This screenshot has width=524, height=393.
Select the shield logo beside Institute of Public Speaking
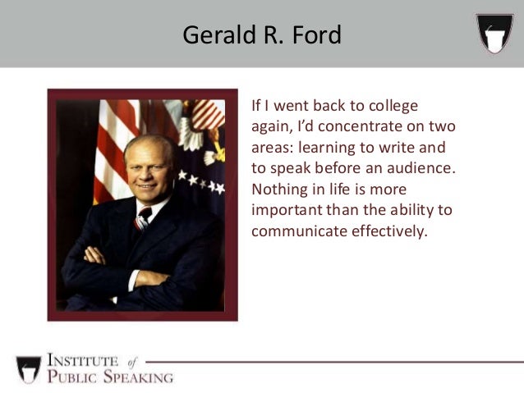click(x=28, y=368)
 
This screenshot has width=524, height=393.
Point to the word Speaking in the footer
click(x=140, y=377)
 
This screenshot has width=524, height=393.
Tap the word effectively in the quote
click(x=388, y=231)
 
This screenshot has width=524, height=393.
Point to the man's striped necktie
click(x=143, y=218)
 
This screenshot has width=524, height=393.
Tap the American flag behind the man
click(x=111, y=139)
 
